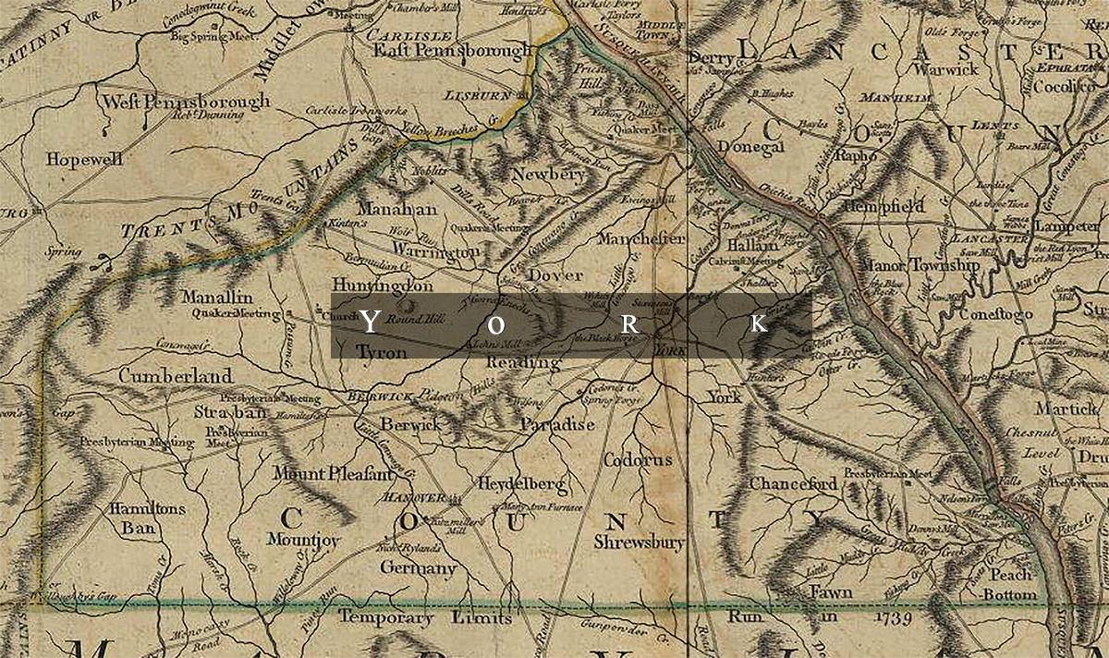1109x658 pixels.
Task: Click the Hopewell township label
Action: coord(88,159)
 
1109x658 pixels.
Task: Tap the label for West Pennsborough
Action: coord(186,101)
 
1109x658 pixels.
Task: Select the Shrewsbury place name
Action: coord(640,542)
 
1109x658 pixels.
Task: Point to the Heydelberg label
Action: coord(521,484)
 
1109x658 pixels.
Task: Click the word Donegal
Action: coord(749,148)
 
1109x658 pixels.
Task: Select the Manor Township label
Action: coord(919,266)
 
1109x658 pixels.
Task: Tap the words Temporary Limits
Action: coord(412,617)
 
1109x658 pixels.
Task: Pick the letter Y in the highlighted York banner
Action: coord(369,323)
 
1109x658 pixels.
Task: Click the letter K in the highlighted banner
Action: coord(758,323)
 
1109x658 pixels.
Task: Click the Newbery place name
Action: coord(548,174)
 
